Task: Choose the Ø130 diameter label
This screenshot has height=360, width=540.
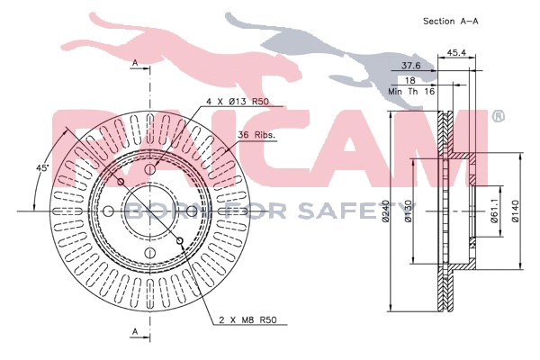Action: click(409, 212)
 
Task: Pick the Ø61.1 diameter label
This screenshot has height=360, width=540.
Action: click(494, 212)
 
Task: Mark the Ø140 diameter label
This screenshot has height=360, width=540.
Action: click(516, 212)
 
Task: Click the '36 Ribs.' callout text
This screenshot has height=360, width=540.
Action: click(256, 136)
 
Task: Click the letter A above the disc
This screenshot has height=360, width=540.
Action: click(134, 63)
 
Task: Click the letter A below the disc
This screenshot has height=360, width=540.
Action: click(134, 333)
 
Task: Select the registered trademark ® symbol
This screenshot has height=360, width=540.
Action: click(498, 117)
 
